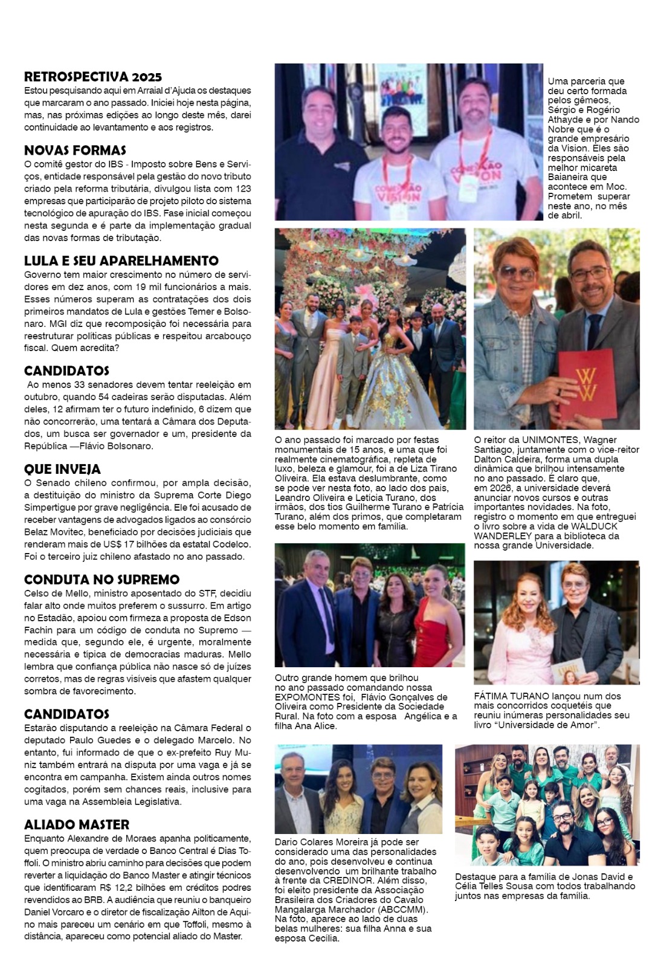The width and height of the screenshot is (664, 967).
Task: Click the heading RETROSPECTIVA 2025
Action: (x=93, y=77)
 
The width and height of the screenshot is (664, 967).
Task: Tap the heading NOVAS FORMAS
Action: (x=75, y=150)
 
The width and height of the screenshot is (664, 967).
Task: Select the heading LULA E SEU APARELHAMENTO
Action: (x=121, y=260)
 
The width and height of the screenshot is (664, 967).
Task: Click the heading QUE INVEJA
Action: (x=62, y=469)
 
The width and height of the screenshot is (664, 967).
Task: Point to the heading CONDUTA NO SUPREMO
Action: (x=102, y=580)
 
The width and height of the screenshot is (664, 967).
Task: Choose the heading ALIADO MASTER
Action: (x=77, y=824)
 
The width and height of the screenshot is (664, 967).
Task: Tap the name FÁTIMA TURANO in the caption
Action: (x=511, y=696)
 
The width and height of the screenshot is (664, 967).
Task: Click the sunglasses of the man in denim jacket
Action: (x=515, y=271)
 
